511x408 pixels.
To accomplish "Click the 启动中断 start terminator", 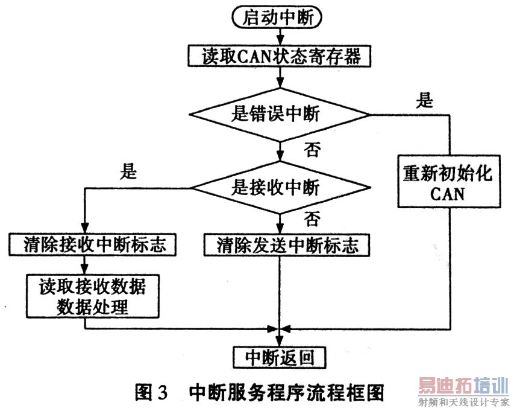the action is pyautogui.click(x=277, y=18).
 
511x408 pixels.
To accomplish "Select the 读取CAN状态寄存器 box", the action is pyautogui.click(x=279, y=56).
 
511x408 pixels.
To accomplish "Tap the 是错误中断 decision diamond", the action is pyautogui.click(x=280, y=115).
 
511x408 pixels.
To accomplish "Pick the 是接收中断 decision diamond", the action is pyautogui.click(x=280, y=188).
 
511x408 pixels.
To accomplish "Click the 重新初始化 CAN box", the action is pyautogui.click(x=449, y=182).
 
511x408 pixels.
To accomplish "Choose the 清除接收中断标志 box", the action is pyautogui.click(x=92, y=244).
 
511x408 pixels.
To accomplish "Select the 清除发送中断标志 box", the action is pyautogui.click(x=287, y=245).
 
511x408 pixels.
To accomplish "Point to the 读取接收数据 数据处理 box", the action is pyautogui.click(x=93, y=296).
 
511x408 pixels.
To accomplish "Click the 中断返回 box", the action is pyautogui.click(x=280, y=357).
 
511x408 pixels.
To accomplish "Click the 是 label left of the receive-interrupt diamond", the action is pyautogui.click(x=128, y=171).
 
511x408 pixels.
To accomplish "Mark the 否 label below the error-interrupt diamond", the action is pyautogui.click(x=312, y=150).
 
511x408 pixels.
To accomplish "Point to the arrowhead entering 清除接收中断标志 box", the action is pyautogui.click(x=85, y=228).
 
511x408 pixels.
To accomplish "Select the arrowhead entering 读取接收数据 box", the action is pyautogui.click(x=85, y=270).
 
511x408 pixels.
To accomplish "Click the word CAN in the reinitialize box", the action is pyautogui.click(x=447, y=194).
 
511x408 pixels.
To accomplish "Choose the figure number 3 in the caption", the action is pyautogui.click(x=162, y=393).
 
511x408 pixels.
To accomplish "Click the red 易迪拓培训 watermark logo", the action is pyautogui.click(x=463, y=386).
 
